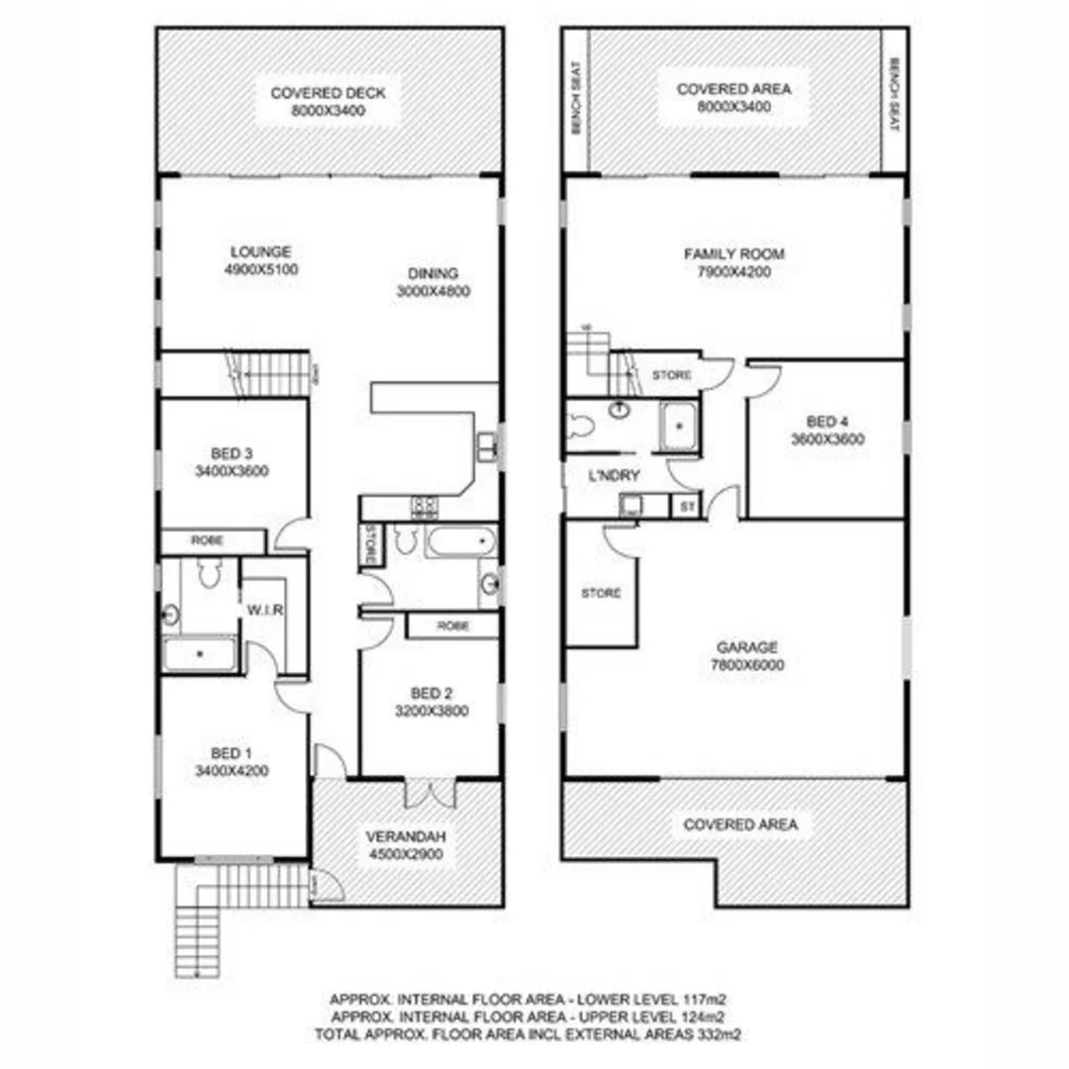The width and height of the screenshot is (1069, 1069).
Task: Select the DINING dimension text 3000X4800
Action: coord(433,291)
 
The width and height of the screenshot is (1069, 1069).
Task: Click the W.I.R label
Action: coord(266,611)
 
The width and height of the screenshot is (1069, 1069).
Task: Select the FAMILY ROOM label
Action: coord(733,254)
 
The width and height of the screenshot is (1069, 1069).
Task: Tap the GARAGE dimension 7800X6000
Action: coord(749,666)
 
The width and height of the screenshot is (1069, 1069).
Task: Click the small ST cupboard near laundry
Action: coord(685,506)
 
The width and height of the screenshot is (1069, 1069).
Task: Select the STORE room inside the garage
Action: coord(600,594)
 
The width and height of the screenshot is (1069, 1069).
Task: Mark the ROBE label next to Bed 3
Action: coord(208,541)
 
